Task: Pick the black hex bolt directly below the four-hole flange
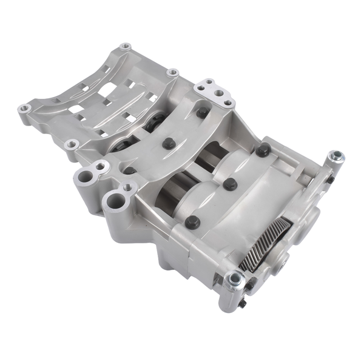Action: tap(202, 113)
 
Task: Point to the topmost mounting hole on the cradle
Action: tap(126, 46)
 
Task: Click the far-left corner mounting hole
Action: tap(25, 109)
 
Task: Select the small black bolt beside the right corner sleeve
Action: tap(328, 179)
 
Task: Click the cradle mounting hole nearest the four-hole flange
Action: tap(172, 73)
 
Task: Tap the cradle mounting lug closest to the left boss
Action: tap(72, 144)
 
